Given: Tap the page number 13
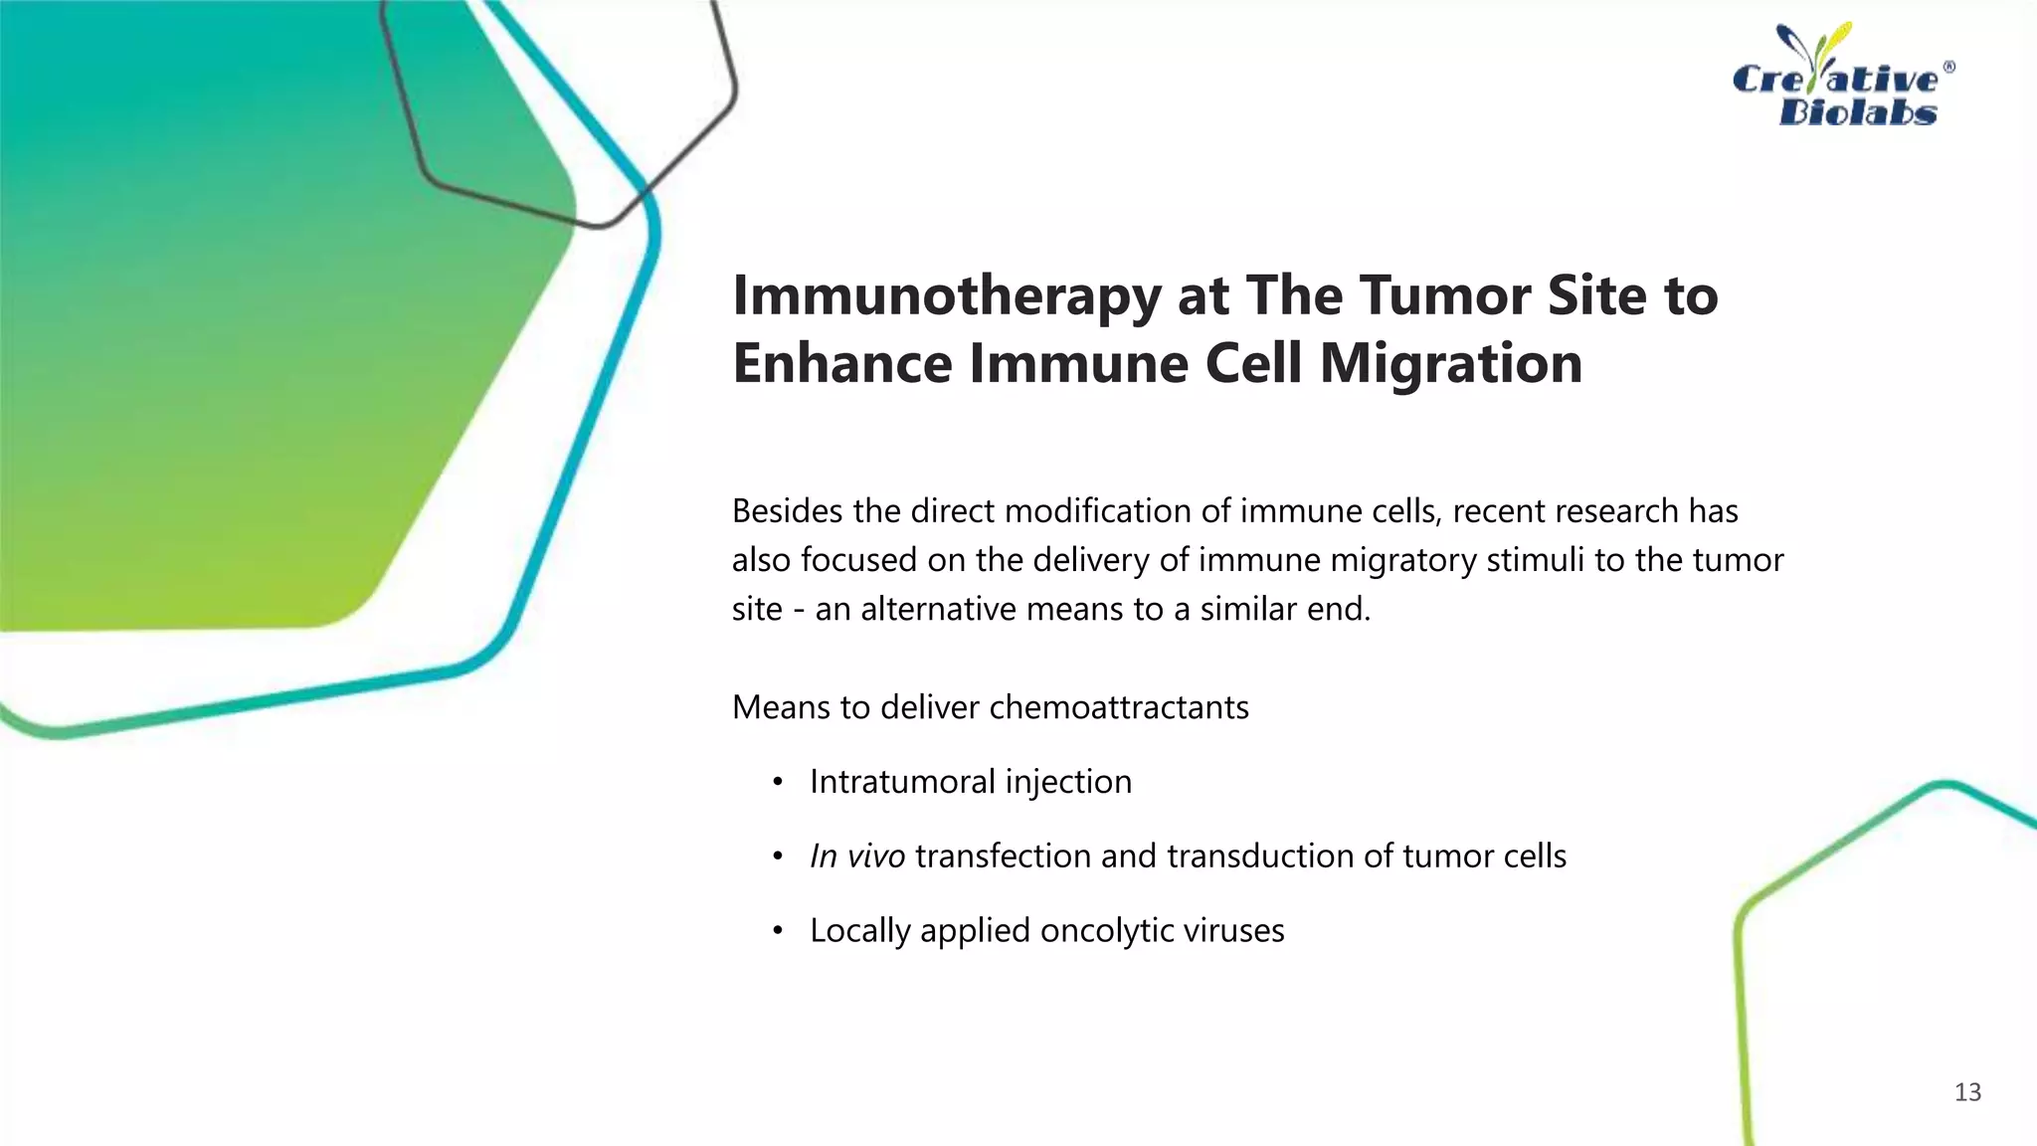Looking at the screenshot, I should pos(1967,1092).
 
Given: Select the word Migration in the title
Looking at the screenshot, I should pos(1451,363).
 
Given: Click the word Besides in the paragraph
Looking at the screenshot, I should pos(789,511).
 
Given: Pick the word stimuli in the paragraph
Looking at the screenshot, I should pos(1536,560).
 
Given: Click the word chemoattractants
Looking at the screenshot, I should pos(1119,707).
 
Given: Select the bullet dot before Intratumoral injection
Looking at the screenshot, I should pos(778,782).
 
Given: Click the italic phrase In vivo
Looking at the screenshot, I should pos(856,857).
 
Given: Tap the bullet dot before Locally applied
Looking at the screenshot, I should pos(778,931).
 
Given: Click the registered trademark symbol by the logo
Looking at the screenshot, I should pos(1948,68).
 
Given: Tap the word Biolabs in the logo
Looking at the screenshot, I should pos(1857,112).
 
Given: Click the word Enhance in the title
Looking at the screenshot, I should pos(841,363).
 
